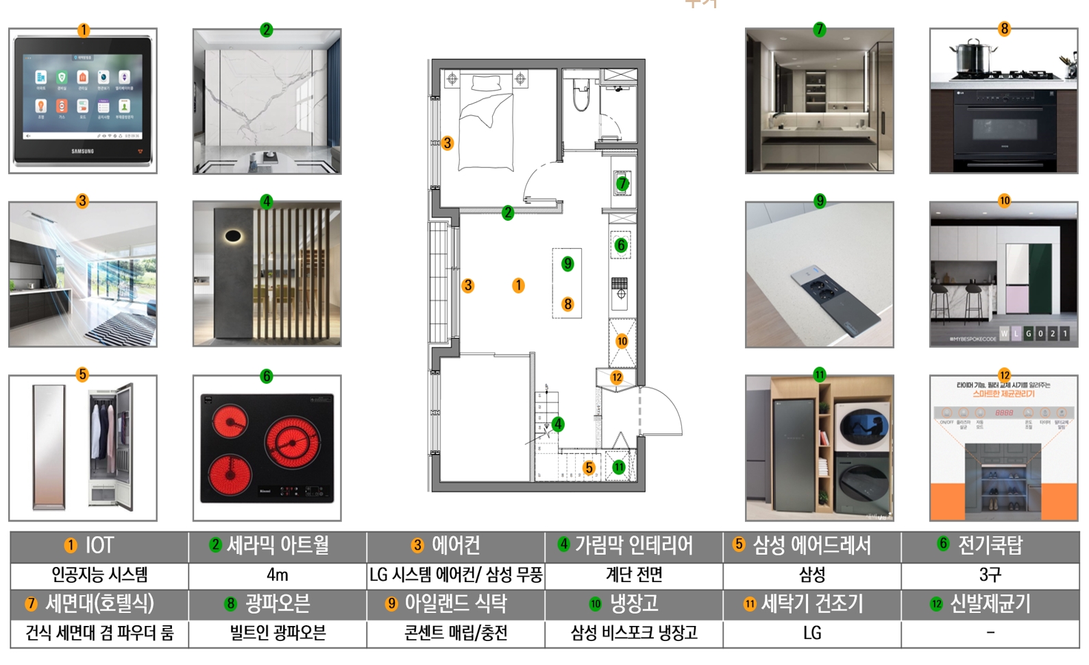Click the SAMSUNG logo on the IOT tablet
point(82,151)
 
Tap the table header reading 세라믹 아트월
point(278,546)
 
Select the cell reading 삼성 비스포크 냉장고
point(634,633)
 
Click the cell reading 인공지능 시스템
point(99,575)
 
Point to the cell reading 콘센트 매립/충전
point(456,633)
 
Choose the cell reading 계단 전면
point(634,575)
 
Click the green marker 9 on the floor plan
point(567,264)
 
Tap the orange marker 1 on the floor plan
point(519,285)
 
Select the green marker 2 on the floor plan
point(508,213)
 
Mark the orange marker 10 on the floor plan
point(622,341)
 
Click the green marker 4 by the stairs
point(559,424)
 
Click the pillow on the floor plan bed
point(486,83)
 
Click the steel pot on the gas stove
point(973,57)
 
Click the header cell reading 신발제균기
point(990,604)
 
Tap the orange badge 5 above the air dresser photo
point(82,374)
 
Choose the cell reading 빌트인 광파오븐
point(278,633)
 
